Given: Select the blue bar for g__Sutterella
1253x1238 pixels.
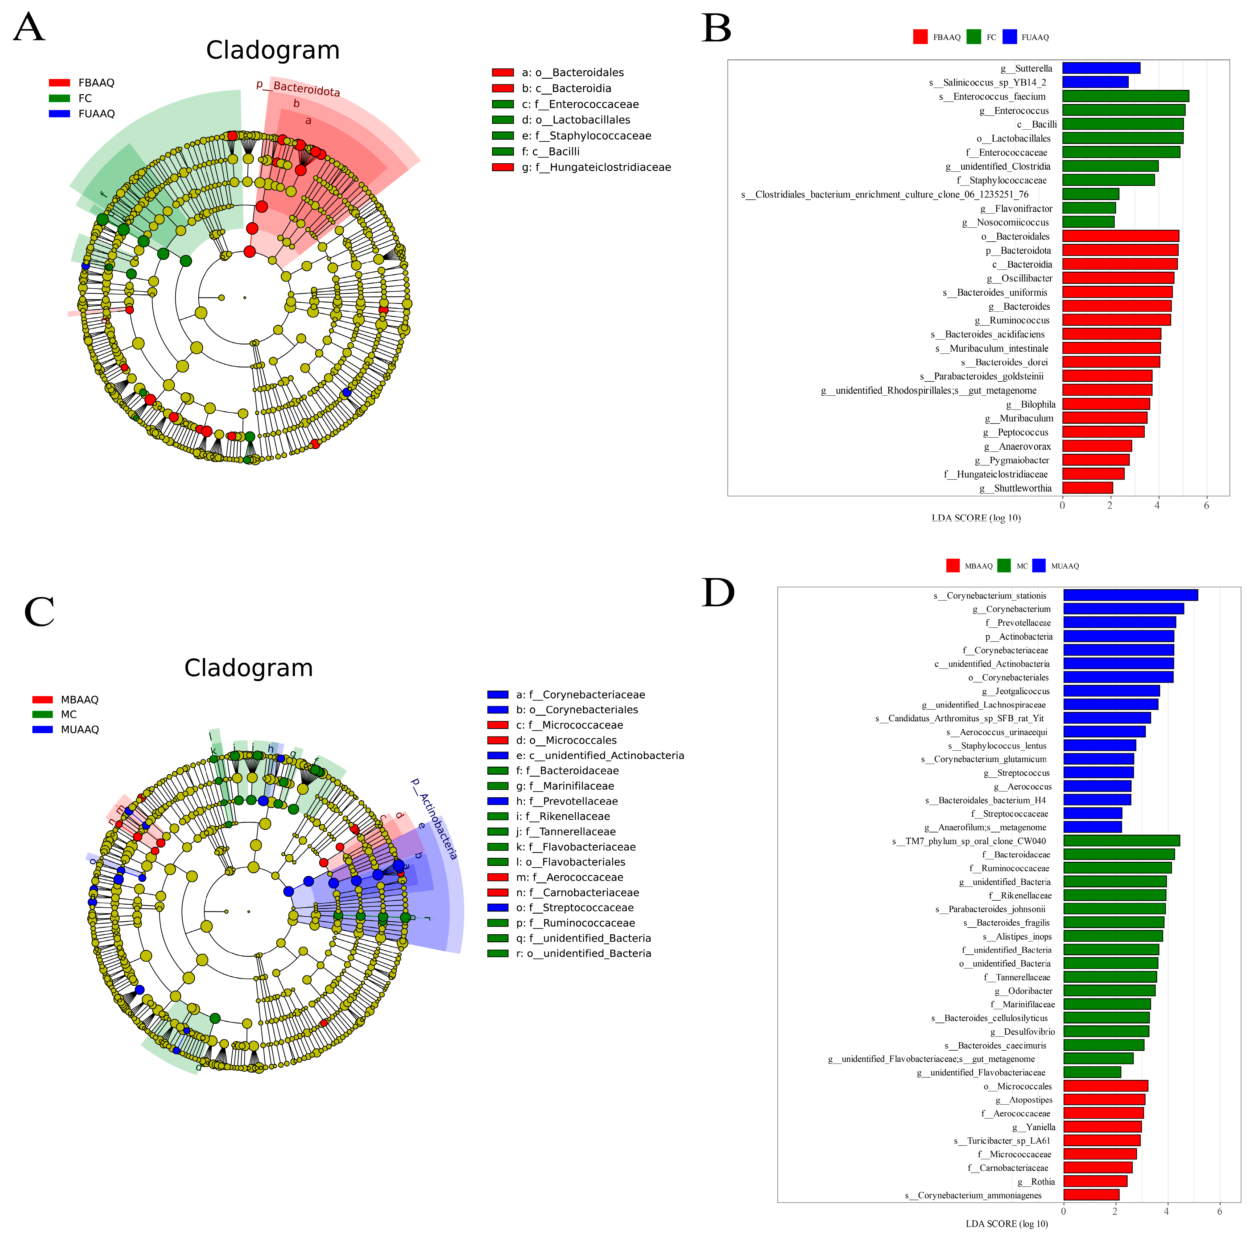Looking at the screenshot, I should click(x=1101, y=68).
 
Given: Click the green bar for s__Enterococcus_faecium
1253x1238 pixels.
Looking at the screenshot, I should click(x=1125, y=96).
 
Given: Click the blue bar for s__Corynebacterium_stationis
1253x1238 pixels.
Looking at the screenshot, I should click(x=1131, y=595).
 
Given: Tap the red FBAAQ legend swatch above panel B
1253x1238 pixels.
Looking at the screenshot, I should click(x=920, y=37).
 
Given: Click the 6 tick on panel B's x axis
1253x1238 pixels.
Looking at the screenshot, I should click(x=1206, y=506).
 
